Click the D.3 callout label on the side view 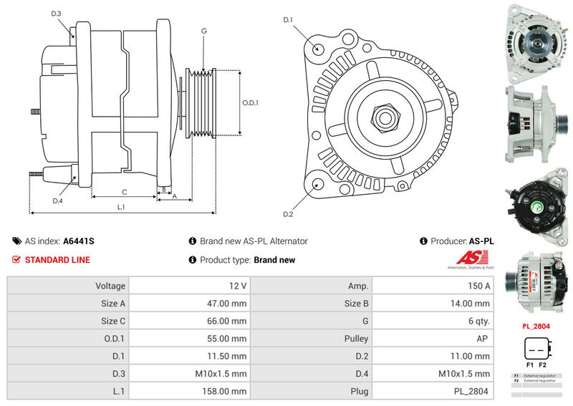pos(57,14)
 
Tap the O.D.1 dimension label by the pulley pos(250,103)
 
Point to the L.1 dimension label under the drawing pos(121,207)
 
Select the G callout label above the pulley pos(204,31)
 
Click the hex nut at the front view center pos(384,116)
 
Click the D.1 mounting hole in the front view pos(318,49)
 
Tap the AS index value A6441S pos(79,241)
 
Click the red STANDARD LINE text pos(57,260)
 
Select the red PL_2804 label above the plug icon pos(536,326)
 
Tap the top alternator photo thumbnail pos(536,40)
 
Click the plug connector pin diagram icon pos(536,350)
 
